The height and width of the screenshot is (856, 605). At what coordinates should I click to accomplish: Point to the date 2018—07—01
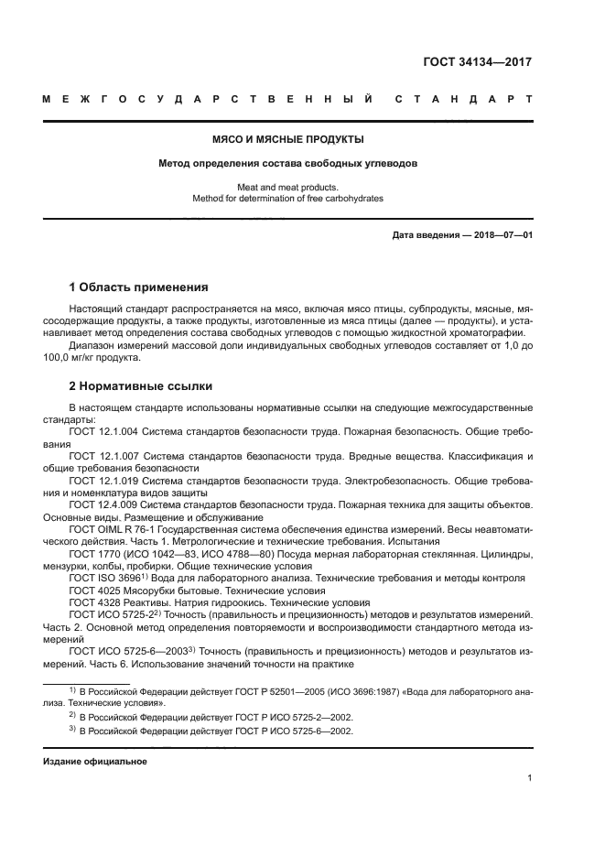coord(502,235)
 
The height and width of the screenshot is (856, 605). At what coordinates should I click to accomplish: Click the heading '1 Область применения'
coord(139,287)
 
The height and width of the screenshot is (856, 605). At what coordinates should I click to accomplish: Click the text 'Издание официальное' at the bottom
coord(95,762)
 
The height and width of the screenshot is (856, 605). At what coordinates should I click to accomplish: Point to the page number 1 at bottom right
coord(529,778)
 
